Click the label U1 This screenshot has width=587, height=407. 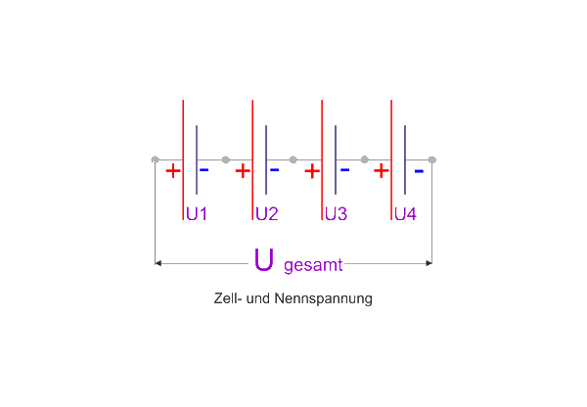tap(197, 213)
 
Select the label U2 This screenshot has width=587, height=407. tap(267, 213)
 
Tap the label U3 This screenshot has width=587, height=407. tap(336, 213)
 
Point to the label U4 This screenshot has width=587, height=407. tap(405, 213)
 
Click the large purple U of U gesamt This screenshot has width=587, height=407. tap(263, 260)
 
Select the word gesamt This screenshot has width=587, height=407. tap(313, 264)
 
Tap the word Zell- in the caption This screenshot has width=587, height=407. tap(229, 299)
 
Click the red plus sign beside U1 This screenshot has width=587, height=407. tap(172, 171)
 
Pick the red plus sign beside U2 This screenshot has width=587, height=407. tap(243, 171)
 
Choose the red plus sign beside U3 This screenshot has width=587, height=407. tap(312, 171)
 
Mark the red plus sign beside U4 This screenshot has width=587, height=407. tap(382, 171)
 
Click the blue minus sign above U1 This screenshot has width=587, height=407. tap(203, 169)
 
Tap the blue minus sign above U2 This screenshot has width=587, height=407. tap(274, 169)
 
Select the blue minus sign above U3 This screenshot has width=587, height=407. tap(344, 169)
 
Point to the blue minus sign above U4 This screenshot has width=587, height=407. tap(418, 171)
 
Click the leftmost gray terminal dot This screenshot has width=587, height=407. tap(156, 159)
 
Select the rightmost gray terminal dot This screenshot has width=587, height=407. tap(432, 159)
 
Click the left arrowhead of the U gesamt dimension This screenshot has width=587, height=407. tap(159, 263)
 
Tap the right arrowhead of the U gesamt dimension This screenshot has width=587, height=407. tap(429, 263)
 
